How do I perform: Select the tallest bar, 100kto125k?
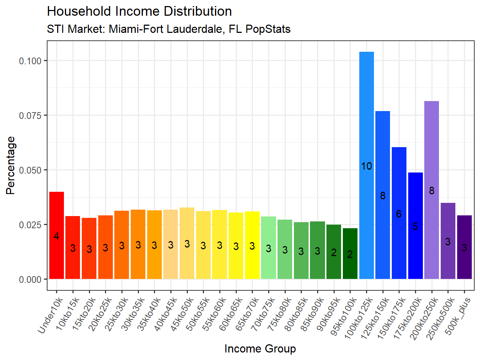[x=366, y=143]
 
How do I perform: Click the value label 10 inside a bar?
[x=366, y=166]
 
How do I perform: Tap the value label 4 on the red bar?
[x=56, y=236]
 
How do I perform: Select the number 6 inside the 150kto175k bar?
[x=399, y=214]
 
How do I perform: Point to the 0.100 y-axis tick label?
[x=30, y=61]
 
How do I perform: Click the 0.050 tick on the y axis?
[x=30, y=170]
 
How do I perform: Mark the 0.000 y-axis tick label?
[x=30, y=280]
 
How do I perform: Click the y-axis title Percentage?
[x=11, y=165]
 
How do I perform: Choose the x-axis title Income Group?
[x=260, y=349]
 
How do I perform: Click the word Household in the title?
[x=79, y=11]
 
